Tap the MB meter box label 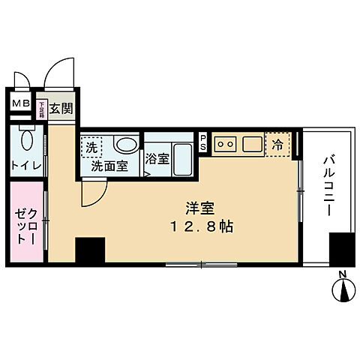[19, 103]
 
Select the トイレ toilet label [25, 165]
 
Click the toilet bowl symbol [27, 142]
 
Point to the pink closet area [27, 223]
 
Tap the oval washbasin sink [125, 144]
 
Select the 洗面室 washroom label [109, 165]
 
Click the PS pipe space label [203, 142]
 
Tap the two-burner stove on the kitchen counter [226, 143]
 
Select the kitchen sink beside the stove [250, 143]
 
